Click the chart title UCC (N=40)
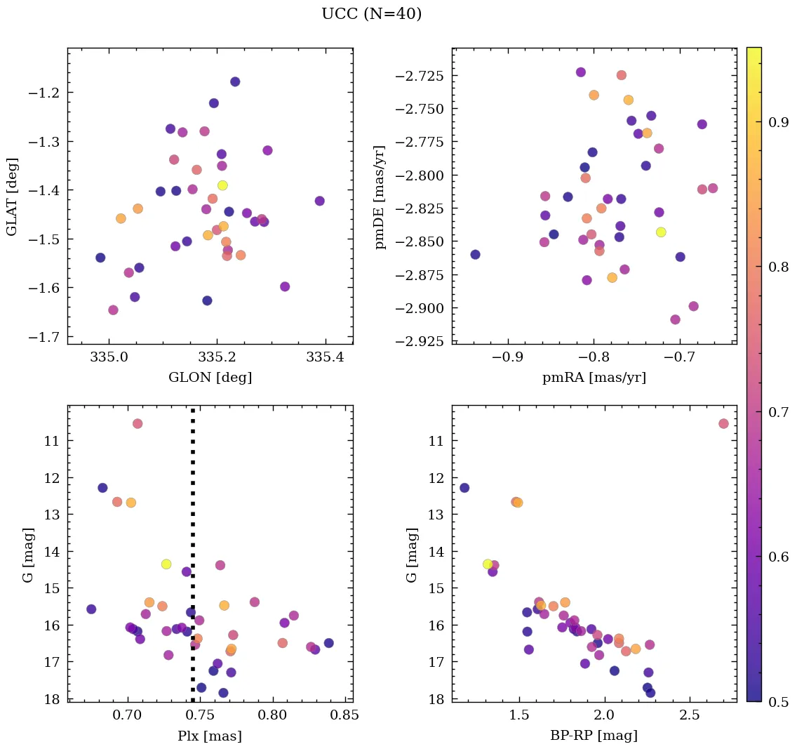(371, 14)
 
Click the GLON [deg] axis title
(210, 378)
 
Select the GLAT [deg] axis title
(12, 196)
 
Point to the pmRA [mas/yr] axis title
(594, 378)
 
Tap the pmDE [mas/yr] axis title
(381, 196)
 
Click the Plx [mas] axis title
(210, 736)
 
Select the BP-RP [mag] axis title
(594, 736)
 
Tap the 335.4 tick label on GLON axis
(325, 358)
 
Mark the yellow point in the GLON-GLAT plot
(222, 185)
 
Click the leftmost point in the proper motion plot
(475, 254)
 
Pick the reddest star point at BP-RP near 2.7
(723, 423)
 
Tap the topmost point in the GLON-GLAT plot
(235, 81)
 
